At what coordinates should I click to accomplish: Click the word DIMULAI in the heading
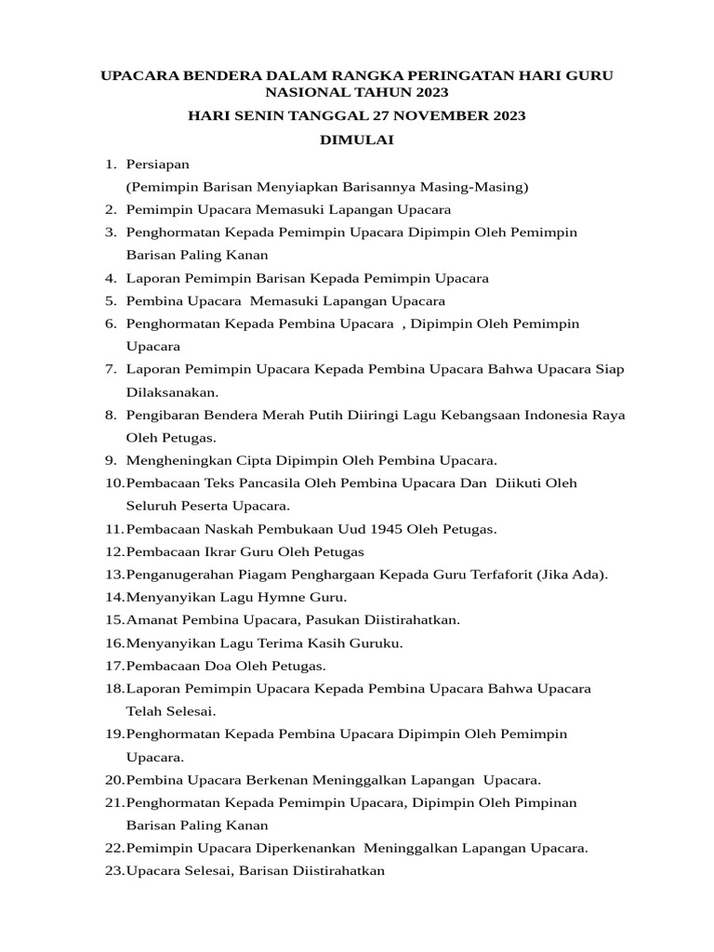[x=357, y=139]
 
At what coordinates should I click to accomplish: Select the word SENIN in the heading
[x=258, y=116]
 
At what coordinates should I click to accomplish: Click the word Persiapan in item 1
[x=158, y=164]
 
